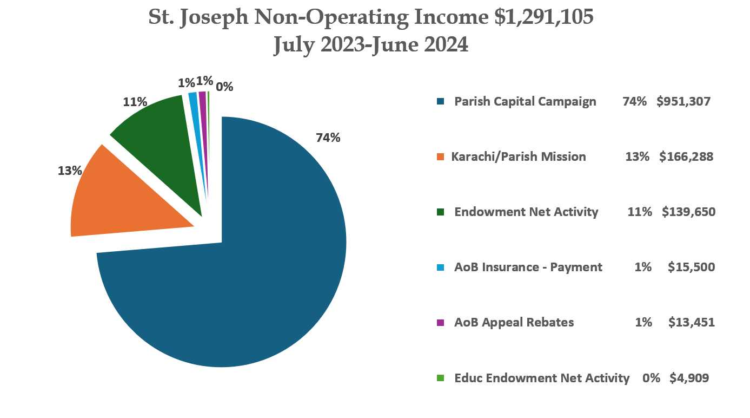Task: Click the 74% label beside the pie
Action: coord(328,138)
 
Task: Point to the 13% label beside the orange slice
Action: coord(70,171)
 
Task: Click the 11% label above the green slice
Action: coord(135,102)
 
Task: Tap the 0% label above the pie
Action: coord(224,87)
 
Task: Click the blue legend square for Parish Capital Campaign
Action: coord(441,101)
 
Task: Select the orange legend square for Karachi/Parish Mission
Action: coord(441,157)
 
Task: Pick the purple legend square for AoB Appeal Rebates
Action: coord(441,323)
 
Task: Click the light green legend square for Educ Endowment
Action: coord(441,378)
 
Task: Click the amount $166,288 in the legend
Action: coord(686,157)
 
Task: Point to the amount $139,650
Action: coord(688,212)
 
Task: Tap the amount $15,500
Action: coord(691,267)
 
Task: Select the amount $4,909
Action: coord(689,378)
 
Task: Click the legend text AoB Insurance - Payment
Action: coord(528,267)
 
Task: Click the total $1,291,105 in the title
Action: coord(544,17)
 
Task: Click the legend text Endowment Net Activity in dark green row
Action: coord(526,212)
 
